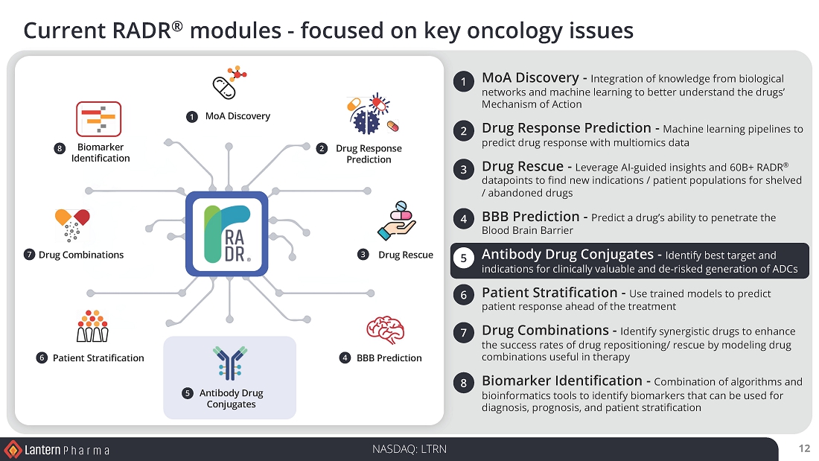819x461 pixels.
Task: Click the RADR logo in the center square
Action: click(x=226, y=234)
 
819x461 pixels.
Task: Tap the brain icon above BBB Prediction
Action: click(x=386, y=330)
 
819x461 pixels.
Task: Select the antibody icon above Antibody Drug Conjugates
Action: click(x=230, y=362)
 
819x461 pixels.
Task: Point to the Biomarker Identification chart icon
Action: click(x=99, y=119)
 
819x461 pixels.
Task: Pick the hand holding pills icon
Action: click(x=396, y=220)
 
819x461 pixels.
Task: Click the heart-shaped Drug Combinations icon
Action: click(x=72, y=225)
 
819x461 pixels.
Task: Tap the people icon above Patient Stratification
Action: click(x=92, y=325)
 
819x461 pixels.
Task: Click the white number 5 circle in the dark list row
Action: click(x=463, y=258)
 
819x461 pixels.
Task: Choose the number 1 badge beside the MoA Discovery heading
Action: click(x=463, y=81)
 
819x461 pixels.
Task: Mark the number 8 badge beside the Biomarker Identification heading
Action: click(x=463, y=383)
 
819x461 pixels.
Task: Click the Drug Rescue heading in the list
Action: click(x=523, y=166)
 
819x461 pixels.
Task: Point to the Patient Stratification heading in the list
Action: click(x=549, y=292)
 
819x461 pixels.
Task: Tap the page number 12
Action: click(x=804, y=448)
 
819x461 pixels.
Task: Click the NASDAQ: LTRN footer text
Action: click(x=409, y=449)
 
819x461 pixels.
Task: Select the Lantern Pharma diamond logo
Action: click(x=13, y=450)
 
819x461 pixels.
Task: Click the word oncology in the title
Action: click(x=515, y=31)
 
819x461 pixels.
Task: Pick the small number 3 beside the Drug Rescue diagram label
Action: click(x=363, y=255)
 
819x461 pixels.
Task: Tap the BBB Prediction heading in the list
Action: click(x=531, y=217)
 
